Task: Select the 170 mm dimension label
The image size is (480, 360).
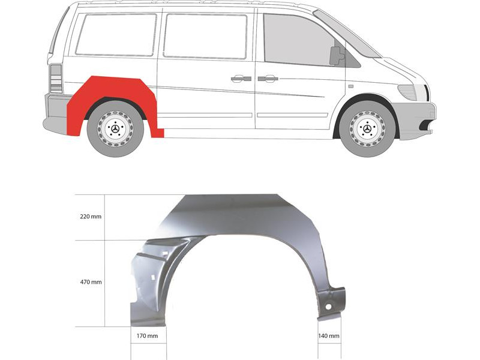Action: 148,336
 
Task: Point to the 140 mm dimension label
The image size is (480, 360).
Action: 329,336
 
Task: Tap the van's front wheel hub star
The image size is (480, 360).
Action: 367,128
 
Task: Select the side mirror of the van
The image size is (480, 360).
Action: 335,56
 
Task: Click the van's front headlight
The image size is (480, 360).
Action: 408,92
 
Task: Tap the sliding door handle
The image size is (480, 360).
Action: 241,78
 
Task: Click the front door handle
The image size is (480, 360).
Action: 267,78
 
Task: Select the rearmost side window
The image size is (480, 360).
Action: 115,35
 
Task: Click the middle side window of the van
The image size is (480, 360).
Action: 205,36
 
